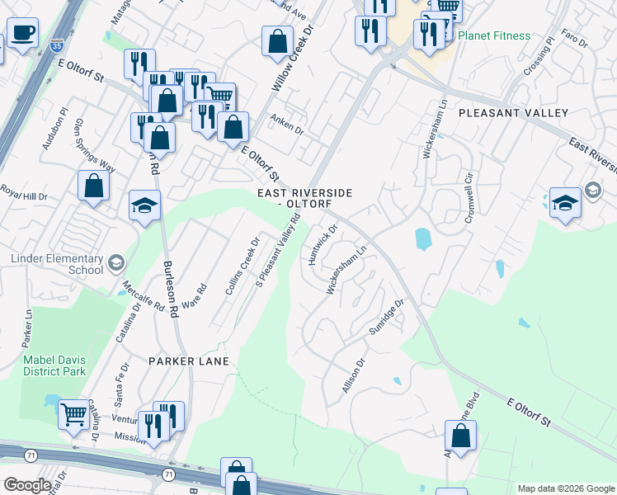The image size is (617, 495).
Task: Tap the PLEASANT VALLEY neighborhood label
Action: click(x=513, y=113)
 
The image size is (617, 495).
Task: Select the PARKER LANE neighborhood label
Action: click(x=181, y=361)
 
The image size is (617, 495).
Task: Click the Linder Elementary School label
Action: click(x=57, y=264)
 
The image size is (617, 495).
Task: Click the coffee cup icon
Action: click(x=22, y=34)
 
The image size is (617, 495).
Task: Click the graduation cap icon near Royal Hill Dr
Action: click(x=144, y=205)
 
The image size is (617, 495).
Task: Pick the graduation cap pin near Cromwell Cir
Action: click(x=565, y=202)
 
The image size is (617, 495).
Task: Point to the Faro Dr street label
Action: click(x=572, y=39)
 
